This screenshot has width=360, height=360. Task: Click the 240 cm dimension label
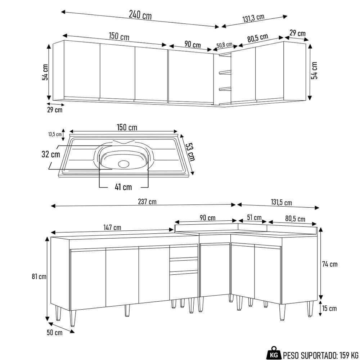(140, 15)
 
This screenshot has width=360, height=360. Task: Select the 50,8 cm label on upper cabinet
(224, 45)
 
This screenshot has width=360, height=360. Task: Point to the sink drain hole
(123, 163)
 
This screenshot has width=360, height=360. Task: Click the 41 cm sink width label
(123, 187)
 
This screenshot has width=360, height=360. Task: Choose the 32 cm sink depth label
(51, 154)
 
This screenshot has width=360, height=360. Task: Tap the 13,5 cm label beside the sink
(55, 134)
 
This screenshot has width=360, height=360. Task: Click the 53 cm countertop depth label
(190, 152)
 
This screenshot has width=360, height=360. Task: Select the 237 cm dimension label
(147, 202)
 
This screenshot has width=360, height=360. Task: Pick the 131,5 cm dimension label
(281, 203)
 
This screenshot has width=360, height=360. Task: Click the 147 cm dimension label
(112, 228)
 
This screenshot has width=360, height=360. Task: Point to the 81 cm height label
(39, 276)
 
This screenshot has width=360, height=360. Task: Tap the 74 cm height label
(329, 264)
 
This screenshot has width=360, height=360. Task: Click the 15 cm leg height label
(329, 309)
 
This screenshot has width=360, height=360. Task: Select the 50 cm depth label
(54, 332)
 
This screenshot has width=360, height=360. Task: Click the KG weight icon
(274, 355)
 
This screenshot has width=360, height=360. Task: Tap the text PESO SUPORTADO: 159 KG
(321, 355)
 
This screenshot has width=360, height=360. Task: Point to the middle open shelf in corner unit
(225, 72)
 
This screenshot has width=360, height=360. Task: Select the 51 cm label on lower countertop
(254, 218)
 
